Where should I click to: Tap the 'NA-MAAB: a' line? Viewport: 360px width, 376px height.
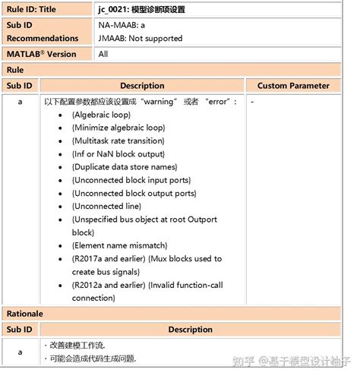click(123, 24)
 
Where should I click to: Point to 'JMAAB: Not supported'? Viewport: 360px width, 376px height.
click(140, 38)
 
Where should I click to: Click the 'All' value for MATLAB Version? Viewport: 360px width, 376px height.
click(103, 54)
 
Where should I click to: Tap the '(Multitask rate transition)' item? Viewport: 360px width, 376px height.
click(122, 141)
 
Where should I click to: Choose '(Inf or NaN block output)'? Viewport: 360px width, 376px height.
click(119, 153)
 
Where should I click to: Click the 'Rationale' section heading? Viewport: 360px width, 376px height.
click(25, 313)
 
